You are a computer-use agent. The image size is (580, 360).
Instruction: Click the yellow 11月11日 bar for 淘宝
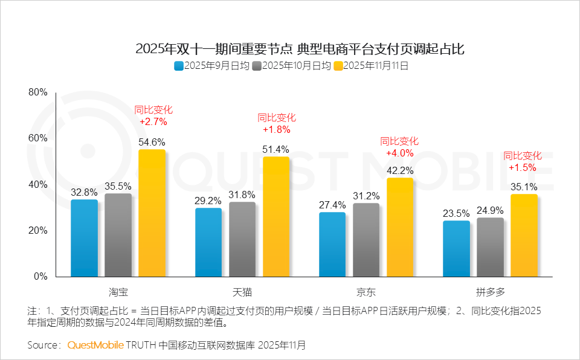152,213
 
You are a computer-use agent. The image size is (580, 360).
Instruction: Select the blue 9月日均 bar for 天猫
208,242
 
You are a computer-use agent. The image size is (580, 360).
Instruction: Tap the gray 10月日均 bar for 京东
366,240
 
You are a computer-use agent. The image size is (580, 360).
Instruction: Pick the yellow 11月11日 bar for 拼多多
524,236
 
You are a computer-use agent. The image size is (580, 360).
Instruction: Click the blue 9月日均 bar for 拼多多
456,249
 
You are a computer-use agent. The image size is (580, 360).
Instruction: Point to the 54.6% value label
152,142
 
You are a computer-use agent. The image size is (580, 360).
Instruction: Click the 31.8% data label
242,194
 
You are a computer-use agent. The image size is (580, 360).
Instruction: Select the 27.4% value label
332,205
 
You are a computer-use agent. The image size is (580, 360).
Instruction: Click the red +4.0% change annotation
399,153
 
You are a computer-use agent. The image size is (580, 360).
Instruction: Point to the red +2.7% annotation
153,121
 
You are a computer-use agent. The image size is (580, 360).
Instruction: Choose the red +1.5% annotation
523,167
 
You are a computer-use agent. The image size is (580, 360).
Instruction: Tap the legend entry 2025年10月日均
292,66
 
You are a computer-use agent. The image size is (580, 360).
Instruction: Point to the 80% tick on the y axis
38,92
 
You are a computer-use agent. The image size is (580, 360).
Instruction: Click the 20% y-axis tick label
38,231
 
